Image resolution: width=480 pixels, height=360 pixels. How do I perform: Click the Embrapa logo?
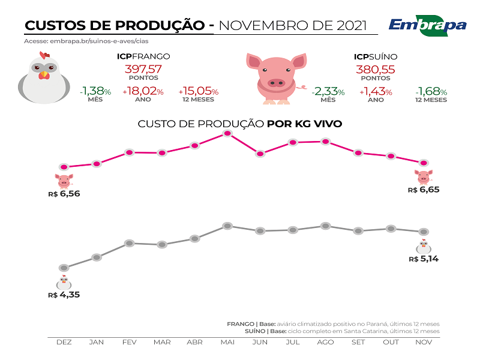[x=427, y=25]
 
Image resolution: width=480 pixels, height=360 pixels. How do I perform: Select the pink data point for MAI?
[x=227, y=133]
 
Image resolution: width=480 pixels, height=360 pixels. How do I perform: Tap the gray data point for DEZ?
[x=64, y=268]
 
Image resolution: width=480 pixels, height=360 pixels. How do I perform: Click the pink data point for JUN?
[x=260, y=154]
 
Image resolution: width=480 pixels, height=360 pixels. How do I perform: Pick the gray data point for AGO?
[x=325, y=226]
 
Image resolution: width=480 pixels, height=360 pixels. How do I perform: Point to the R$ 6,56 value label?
[x=64, y=194]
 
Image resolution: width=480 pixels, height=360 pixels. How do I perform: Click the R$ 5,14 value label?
[x=424, y=259]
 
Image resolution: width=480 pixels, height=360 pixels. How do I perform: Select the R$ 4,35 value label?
[x=64, y=295]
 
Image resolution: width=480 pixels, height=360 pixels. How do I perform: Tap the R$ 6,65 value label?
[x=424, y=190]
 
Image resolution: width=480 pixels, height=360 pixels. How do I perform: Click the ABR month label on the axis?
[x=194, y=342]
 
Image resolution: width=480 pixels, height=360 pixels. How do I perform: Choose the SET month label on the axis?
[x=358, y=342]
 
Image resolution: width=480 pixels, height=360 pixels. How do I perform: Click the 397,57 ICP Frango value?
[x=143, y=68]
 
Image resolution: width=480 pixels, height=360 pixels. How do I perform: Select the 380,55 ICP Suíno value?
[x=376, y=68]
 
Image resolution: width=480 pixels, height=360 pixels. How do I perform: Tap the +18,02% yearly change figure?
[x=143, y=92]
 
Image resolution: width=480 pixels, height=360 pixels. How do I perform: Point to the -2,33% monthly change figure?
[x=328, y=92]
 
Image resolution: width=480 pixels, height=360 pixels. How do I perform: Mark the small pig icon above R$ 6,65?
[x=424, y=176]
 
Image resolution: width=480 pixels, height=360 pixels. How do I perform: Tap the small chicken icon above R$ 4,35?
[x=64, y=282]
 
